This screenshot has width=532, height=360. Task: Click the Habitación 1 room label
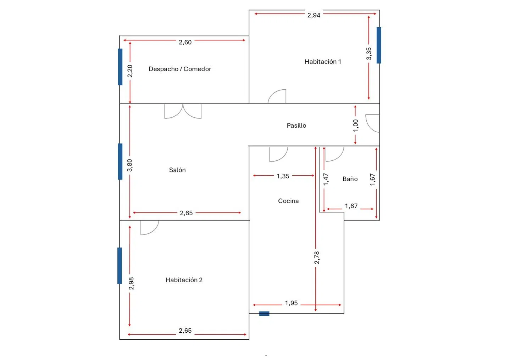point(323,62)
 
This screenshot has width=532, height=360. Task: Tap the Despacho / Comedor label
point(180,69)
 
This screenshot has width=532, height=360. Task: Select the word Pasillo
point(297,126)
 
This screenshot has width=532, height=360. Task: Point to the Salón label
point(177,170)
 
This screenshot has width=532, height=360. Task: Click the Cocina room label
point(288,201)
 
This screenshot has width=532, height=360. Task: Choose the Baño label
point(350,179)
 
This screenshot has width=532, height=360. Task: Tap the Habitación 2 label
point(184,280)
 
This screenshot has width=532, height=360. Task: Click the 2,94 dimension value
point(314,16)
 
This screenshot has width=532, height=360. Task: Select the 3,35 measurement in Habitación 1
point(368,54)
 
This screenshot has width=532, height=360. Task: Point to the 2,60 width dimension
point(185,42)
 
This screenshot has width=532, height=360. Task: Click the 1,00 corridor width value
point(355,126)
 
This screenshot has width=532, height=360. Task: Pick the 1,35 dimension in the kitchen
point(283,176)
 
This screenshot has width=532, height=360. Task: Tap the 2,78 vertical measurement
point(317,257)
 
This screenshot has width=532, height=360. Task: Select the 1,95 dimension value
point(291,303)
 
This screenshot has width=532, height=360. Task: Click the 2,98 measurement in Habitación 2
point(131,283)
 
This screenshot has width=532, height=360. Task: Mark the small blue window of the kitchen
point(264,314)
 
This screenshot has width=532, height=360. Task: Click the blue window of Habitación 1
point(379,45)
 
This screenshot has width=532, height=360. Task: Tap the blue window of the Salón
point(120,161)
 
